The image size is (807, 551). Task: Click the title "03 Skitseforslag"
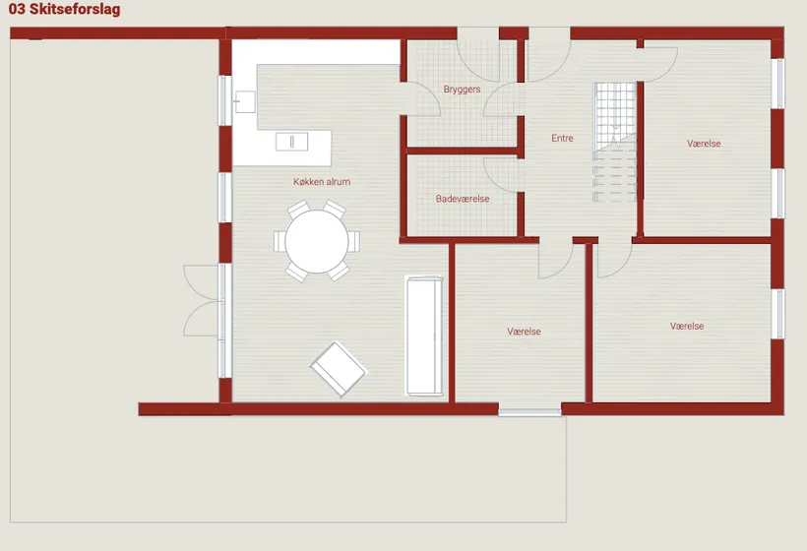pos(64,9)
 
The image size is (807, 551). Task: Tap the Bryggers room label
pos(462,89)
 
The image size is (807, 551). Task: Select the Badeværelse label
pos(463,199)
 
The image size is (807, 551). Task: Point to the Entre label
pos(562,138)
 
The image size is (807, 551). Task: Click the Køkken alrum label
pos(322,182)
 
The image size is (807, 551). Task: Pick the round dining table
pos(317,242)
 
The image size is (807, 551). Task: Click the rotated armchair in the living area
pos(339,369)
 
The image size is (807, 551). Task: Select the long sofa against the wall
pos(424,336)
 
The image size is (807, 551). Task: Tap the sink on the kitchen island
pos(292,142)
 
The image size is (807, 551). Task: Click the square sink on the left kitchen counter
pos(245,102)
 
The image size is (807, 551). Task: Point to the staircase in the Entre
pos(614,142)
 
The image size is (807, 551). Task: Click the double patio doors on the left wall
pos(203,301)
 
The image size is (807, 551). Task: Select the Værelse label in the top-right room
pos(704,144)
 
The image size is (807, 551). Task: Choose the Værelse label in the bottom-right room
pos(687,327)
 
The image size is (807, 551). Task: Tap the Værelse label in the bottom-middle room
pos(524,332)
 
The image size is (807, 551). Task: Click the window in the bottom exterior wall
pos(529,411)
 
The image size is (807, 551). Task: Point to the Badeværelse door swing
pos(501,175)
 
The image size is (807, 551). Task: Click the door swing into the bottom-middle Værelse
pos(556,260)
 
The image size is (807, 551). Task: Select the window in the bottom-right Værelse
pos(780,314)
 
